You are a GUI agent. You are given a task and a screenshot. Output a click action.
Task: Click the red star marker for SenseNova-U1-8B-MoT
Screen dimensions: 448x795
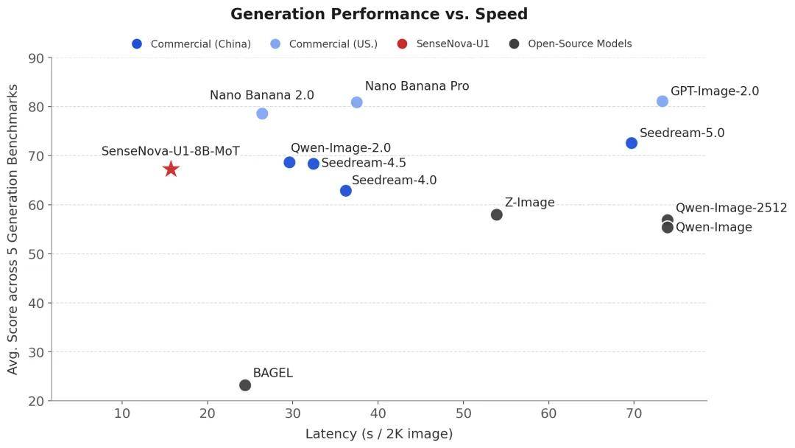pyautogui.click(x=171, y=169)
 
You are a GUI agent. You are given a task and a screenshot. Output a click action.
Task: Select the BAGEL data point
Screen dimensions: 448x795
pyautogui.click(x=245, y=385)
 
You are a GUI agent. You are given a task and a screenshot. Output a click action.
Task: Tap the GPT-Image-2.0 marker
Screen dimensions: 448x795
pyautogui.click(x=662, y=101)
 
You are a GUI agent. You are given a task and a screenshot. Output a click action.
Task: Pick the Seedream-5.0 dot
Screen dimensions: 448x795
pyautogui.click(x=632, y=143)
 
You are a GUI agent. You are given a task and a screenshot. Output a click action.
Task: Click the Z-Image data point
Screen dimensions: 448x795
pyautogui.click(x=497, y=214)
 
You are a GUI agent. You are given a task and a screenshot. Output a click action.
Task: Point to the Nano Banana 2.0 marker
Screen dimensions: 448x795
pyautogui.click(x=262, y=113)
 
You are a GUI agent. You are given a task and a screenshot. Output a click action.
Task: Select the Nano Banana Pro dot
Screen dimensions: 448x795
pyautogui.click(x=357, y=102)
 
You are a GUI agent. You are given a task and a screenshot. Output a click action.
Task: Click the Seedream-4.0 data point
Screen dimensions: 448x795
pyautogui.click(x=346, y=191)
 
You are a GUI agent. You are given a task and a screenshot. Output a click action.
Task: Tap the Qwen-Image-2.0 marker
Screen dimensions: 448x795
pyautogui.click(x=289, y=162)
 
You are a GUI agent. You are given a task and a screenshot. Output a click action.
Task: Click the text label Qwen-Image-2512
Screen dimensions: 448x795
pyautogui.click(x=731, y=208)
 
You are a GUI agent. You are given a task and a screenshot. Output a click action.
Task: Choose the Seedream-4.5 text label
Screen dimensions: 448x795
pyautogui.click(x=364, y=163)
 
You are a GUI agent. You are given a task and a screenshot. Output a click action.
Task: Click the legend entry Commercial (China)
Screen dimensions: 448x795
pyautogui.click(x=191, y=44)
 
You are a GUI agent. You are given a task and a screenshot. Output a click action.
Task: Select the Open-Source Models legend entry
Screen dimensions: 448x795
pyautogui.click(x=570, y=44)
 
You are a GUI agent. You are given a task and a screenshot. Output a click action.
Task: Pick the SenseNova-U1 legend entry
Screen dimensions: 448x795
pyautogui.click(x=443, y=44)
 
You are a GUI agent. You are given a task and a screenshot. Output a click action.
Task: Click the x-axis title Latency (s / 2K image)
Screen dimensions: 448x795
pyautogui.click(x=379, y=434)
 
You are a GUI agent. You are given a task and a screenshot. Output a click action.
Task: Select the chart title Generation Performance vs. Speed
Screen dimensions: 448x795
pyautogui.click(x=379, y=14)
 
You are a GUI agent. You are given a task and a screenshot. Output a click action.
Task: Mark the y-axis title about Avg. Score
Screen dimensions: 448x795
pyautogui.click(x=13, y=229)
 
